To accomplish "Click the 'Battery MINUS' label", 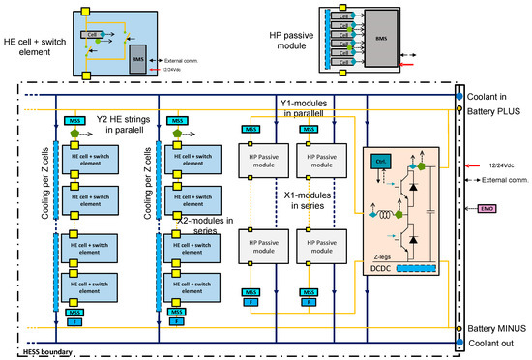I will coord(496,329).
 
